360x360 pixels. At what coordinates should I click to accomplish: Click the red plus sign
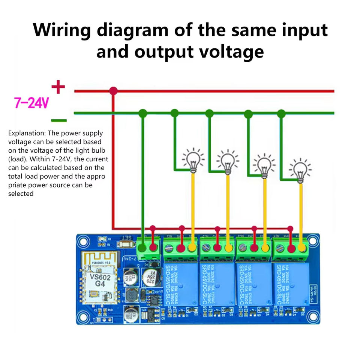coord(58,87)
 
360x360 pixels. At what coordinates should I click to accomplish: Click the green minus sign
coord(58,120)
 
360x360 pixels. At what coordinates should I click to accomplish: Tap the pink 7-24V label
coord(31,103)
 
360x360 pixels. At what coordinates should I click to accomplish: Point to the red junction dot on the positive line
coord(113,91)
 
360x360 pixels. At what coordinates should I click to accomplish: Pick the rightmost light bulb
coord(300,169)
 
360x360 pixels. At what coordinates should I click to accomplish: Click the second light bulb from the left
coord(228,161)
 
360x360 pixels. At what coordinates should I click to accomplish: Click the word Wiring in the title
coord(61,30)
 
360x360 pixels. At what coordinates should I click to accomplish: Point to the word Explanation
coord(26,133)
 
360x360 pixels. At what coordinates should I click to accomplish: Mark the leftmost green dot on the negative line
coord(142,113)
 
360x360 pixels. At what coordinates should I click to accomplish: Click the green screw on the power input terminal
coord(142,247)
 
